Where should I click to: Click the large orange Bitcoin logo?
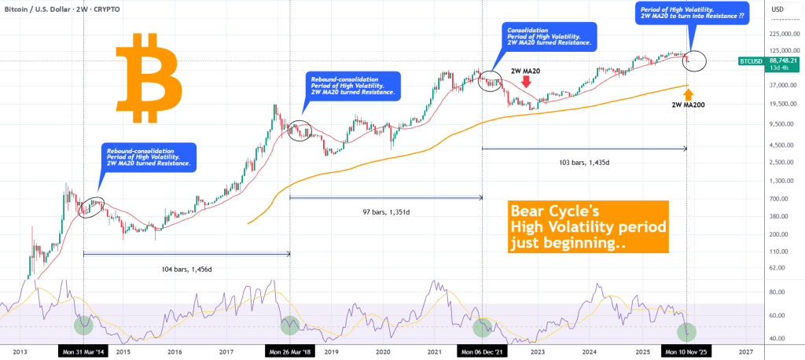(x=149, y=78)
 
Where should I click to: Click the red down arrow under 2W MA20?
(x=525, y=90)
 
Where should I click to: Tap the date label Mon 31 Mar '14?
(x=83, y=352)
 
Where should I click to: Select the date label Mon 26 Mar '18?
(x=290, y=352)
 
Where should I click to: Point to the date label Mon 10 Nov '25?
(x=686, y=352)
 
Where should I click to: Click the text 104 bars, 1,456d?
(x=187, y=268)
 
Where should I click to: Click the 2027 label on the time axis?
(x=745, y=352)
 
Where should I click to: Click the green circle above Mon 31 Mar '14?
(x=83, y=324)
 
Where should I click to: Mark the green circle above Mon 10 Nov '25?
(x=687, y=331)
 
